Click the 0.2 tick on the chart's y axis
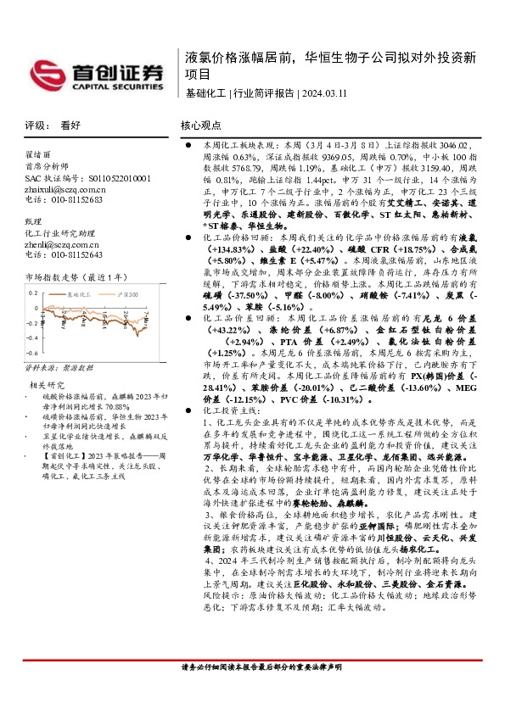point(34,292)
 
